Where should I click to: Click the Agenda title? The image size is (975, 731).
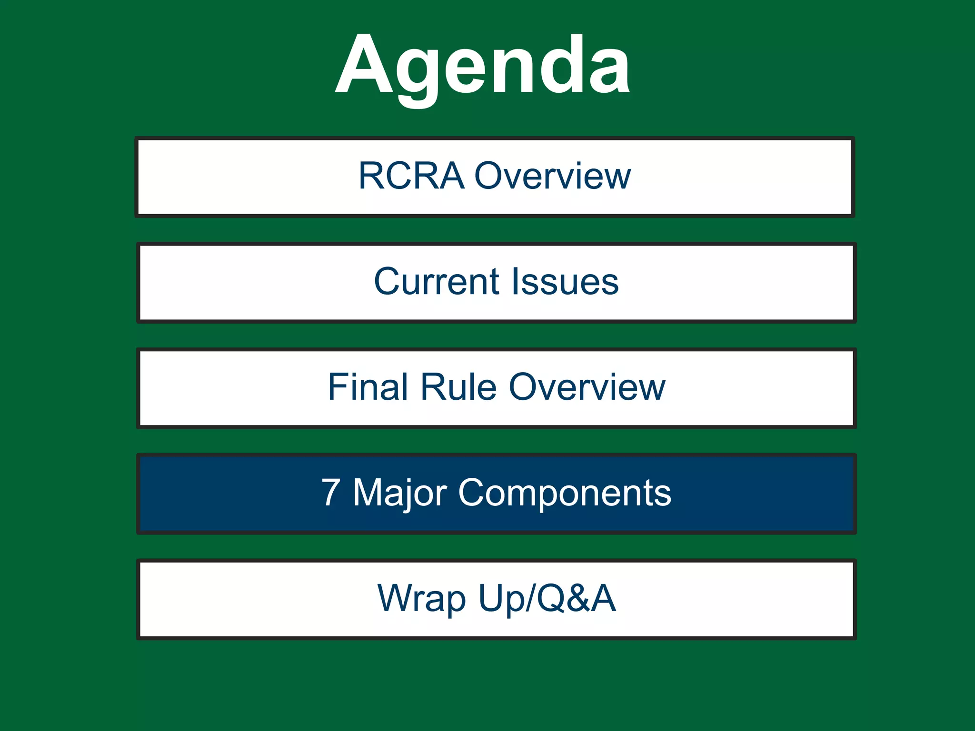(483, 66)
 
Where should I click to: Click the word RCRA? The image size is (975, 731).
(411, 176)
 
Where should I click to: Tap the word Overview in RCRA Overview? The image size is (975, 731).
(553, 176)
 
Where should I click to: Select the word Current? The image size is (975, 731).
(436, 282)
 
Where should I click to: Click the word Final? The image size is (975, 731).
(368, 387)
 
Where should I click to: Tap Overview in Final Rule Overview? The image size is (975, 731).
(587, 387)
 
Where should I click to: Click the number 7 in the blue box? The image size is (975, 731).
(330, 493)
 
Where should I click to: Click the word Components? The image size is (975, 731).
(564, 493)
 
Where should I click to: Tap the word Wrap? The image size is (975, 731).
(421, 599)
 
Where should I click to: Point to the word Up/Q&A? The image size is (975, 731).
(547, 599)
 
